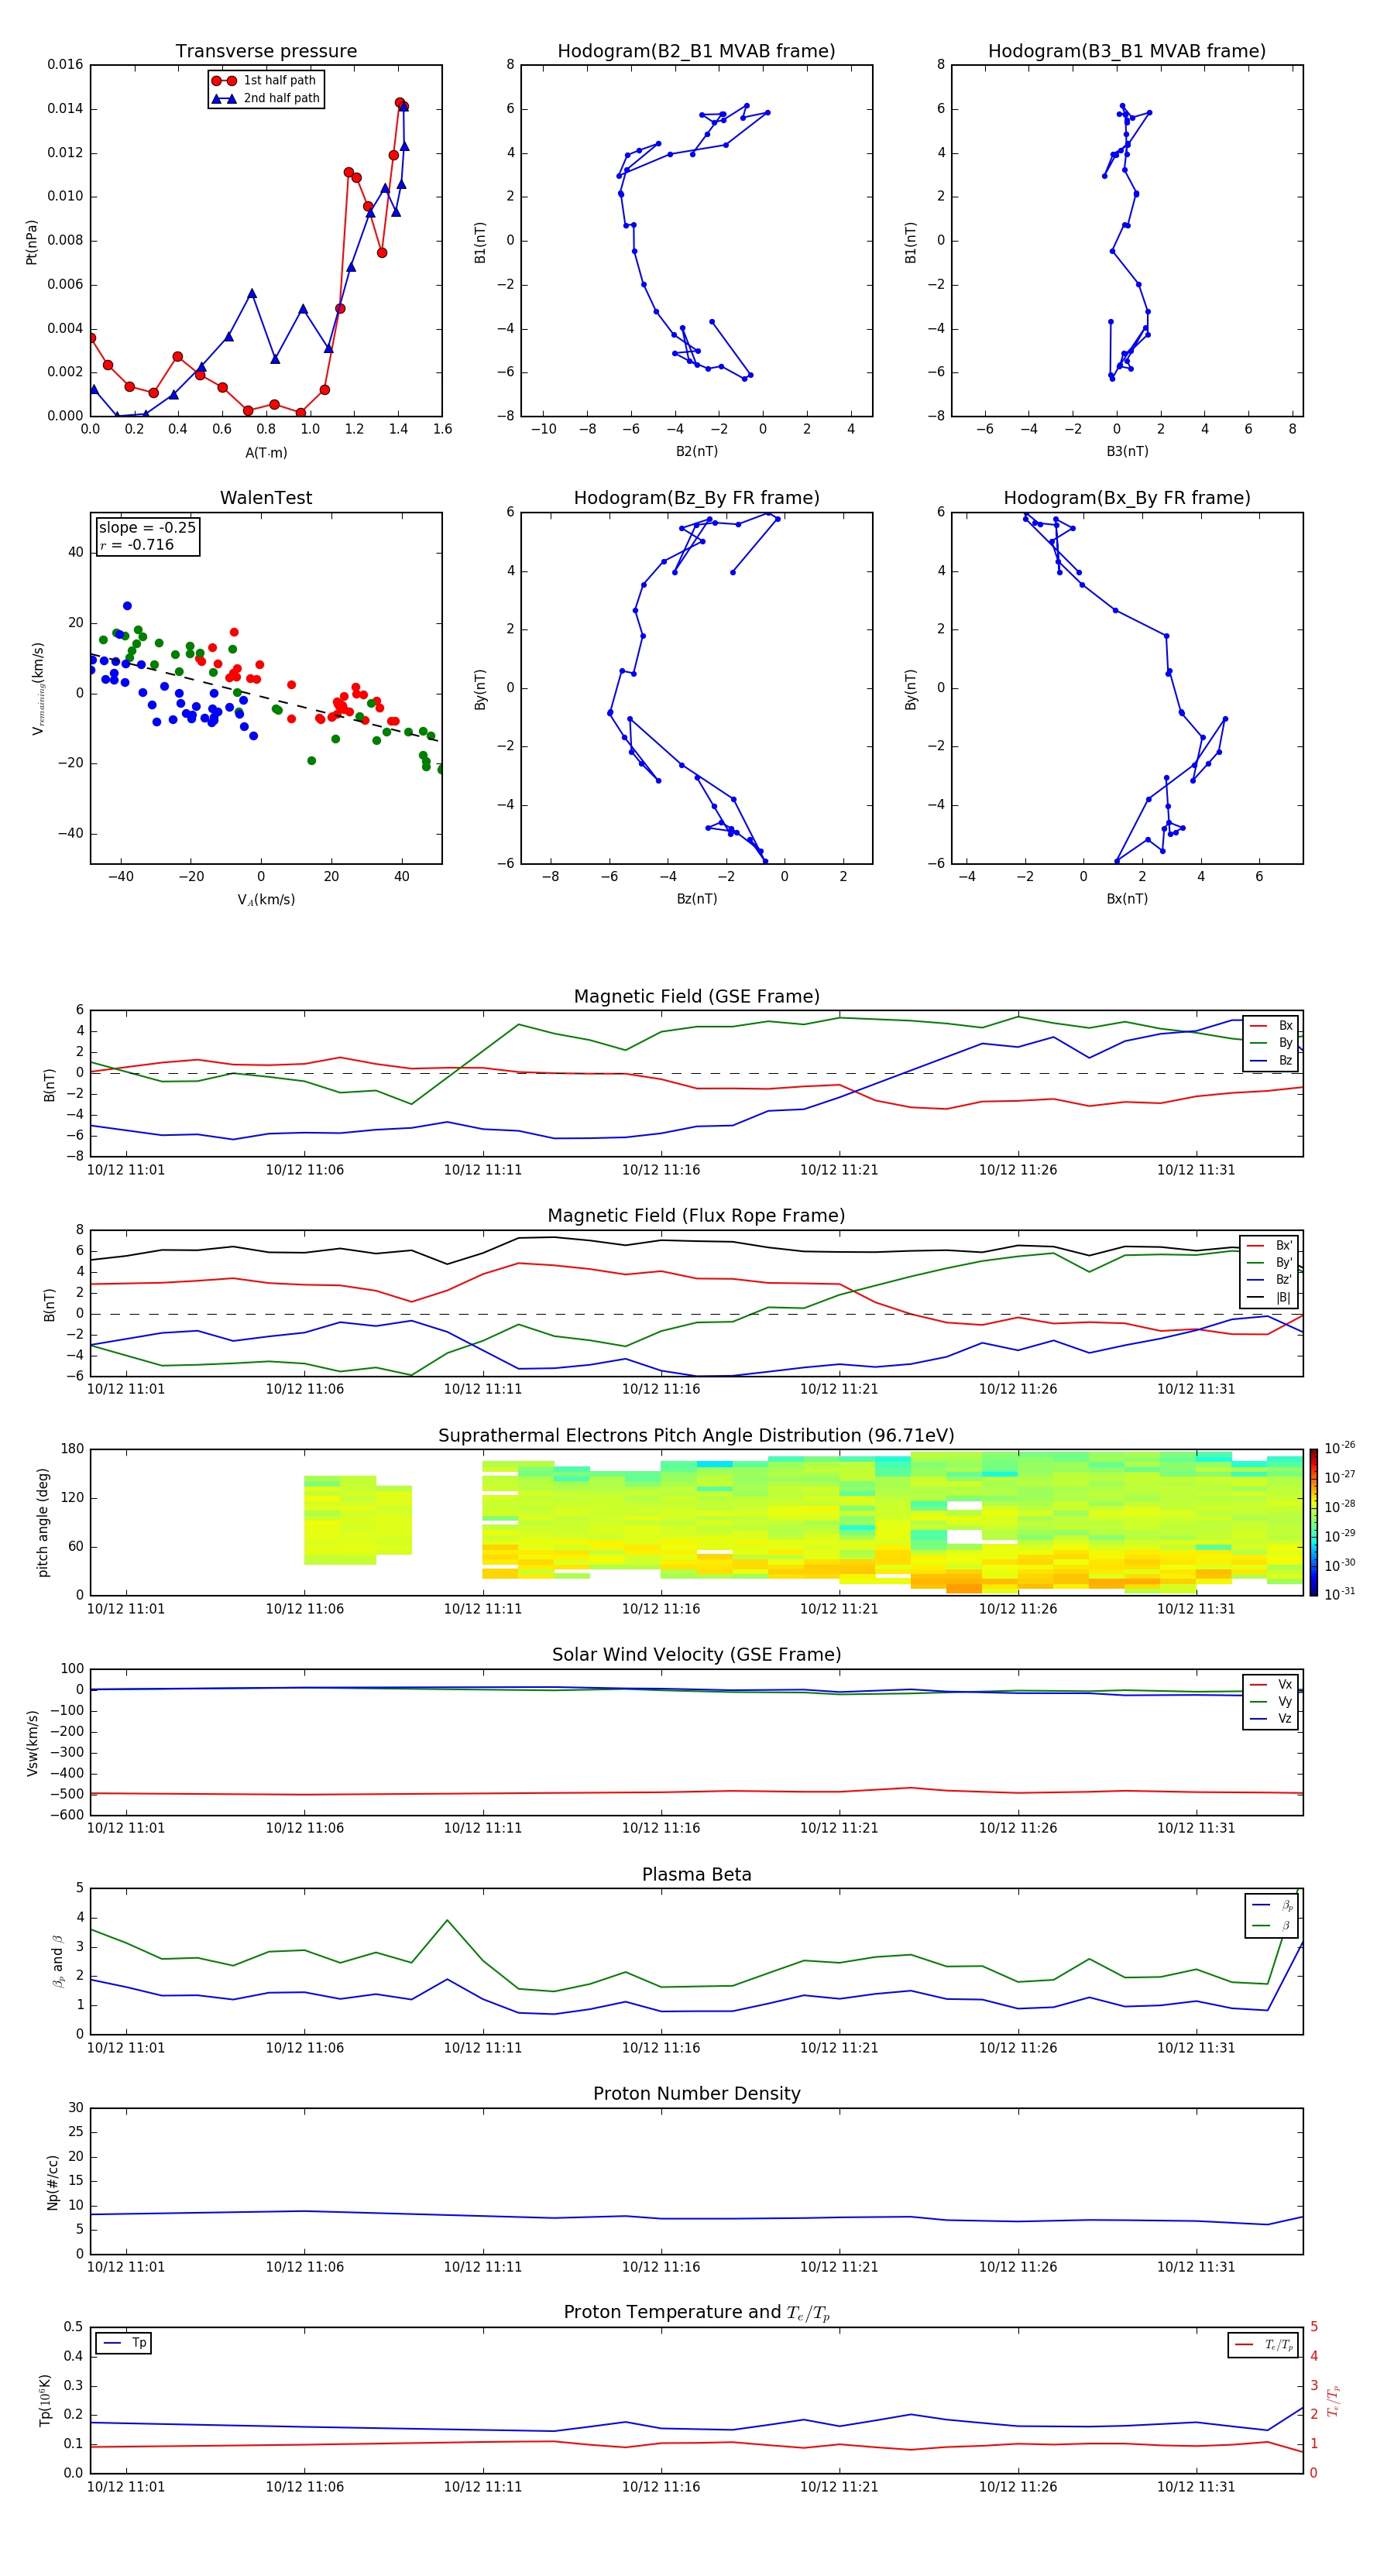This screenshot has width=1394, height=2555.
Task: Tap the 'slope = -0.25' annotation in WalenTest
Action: tap(147, 528)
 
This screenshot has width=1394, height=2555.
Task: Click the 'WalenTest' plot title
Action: tap(266, 498)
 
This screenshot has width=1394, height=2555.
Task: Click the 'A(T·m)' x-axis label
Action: tap(266, 453)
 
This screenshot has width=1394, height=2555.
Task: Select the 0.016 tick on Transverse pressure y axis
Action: tap(66, 64)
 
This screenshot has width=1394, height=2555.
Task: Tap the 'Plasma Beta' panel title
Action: tap(696, 1874)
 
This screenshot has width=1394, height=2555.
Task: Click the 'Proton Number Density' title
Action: tap(696, 2094)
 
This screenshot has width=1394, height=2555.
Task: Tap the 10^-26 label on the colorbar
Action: tap(1340, 1448)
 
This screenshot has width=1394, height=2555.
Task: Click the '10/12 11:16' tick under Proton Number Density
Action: tap(661, 2266)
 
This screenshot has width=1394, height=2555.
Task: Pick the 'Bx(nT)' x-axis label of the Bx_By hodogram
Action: tap(1127, 899)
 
